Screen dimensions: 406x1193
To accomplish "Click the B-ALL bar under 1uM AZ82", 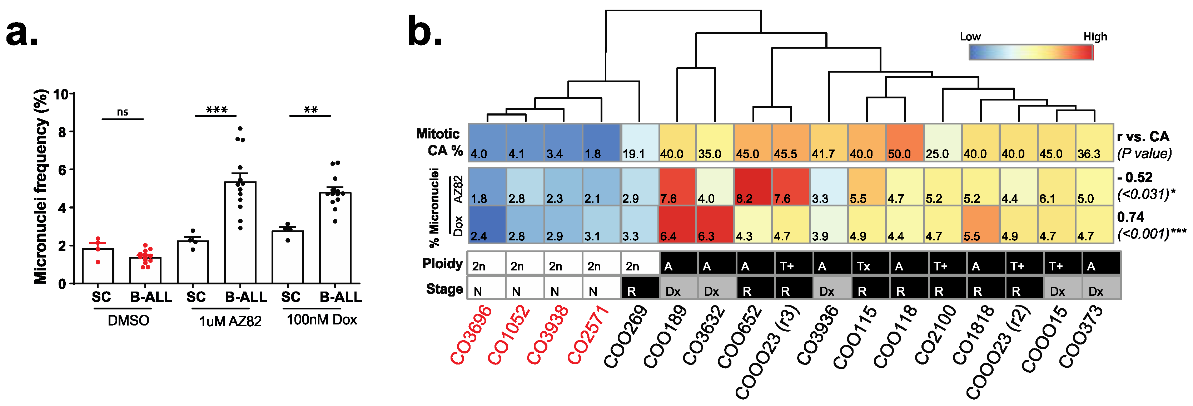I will [x=240, y=232].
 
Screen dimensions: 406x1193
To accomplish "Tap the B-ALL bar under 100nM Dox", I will [x=335, y=237].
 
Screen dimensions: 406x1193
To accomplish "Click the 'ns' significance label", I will [x=122, y=112].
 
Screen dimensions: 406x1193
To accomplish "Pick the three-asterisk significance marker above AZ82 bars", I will [x=216, y=110].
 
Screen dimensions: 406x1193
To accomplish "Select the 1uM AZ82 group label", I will [x=230, y=321].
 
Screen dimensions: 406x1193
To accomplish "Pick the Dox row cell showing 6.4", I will [x=677, y=224].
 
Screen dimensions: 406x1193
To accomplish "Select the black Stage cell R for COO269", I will [x=640, y=288].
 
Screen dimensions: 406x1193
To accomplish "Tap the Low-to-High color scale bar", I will [x=1031, y=52].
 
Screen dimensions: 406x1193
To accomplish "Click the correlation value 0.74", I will [x=1130, y=217].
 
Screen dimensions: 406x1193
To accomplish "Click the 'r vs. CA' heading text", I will [x=1143, y=137].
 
